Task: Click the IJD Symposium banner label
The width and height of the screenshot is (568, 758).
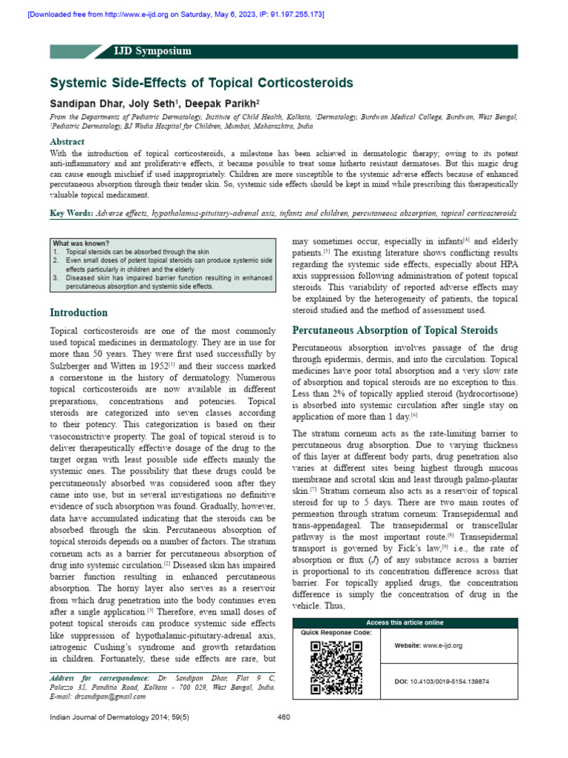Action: click(152, 51)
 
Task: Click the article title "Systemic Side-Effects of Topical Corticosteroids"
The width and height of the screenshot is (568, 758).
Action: click(201, 83)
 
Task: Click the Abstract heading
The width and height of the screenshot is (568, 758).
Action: click(67, 141)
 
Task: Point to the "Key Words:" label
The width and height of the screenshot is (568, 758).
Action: click(70, 213)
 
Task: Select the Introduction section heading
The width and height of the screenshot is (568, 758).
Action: click(78, 312)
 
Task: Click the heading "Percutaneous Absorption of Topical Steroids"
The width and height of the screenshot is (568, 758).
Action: click(395, 330)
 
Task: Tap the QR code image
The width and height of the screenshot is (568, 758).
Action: click(337, 667)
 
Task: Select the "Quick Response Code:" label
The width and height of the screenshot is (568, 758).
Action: click(337, 633)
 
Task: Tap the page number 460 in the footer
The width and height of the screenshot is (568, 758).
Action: click(283, 717)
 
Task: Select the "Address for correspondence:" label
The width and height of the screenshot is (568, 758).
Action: click(98, 678)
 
